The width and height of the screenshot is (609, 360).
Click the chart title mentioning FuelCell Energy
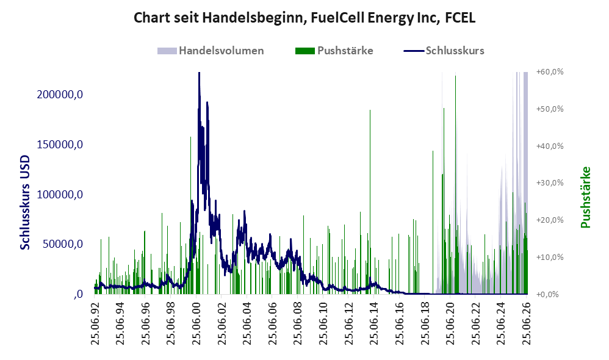(x=304, y=18)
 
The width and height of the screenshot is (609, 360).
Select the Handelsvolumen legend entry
(x=211, y=51)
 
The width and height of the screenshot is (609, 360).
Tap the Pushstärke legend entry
(x=334, y=51)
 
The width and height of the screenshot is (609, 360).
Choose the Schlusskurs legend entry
(x=444, y=51)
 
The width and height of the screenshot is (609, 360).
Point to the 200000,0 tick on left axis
(x=60, y=95)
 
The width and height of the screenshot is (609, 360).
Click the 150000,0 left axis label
(x=60, y=145)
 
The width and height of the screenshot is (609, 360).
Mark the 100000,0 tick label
(x=60, y=194)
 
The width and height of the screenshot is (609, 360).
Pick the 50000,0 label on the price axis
(x=62, y=244)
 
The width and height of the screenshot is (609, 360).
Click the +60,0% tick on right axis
(x=550, y=72)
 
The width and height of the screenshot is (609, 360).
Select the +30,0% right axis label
(x=550, y=183)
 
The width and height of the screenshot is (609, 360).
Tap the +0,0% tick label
(x=547, y=294)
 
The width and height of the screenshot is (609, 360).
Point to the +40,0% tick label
(x=550, y=146)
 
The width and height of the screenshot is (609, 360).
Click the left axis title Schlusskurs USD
(x=24, y=202)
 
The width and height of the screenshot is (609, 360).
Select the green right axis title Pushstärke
(x=585, y=197)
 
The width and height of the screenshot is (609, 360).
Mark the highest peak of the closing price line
(x=199, y=73)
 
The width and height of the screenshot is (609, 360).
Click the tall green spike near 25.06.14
(x=370, y=202)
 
